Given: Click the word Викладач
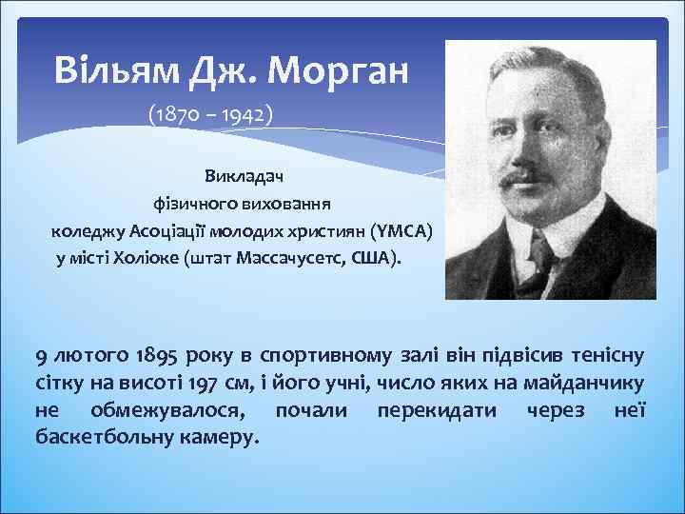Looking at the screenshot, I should point(237,176).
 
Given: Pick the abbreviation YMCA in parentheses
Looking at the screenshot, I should point(401,230).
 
